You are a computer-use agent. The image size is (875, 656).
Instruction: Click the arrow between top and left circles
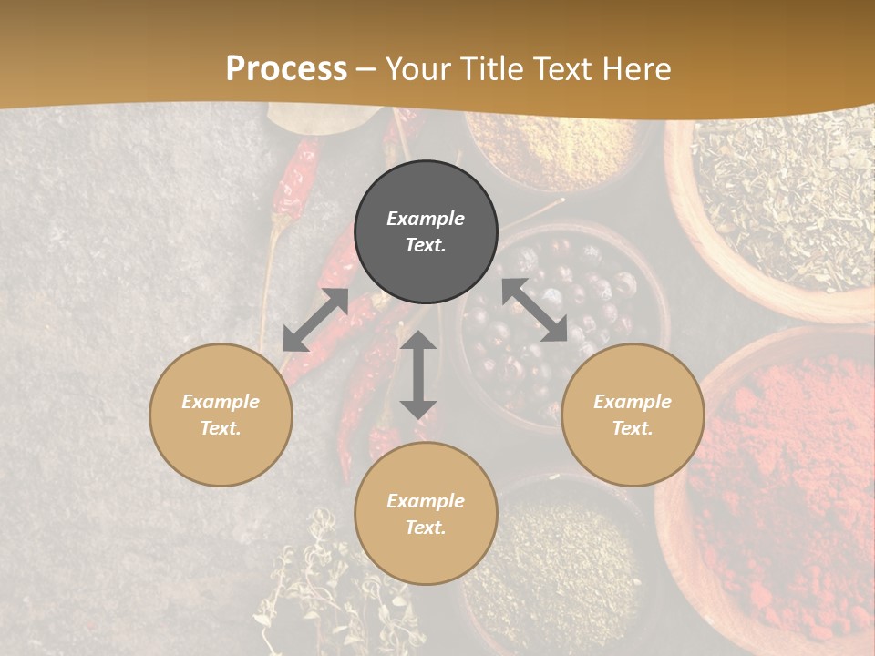315,320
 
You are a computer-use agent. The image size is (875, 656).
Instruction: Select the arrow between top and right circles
534,310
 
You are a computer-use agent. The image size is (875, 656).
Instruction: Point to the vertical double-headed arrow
418,374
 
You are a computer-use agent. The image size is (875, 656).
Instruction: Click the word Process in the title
286,69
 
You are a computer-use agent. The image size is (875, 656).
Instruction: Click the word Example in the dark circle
426,219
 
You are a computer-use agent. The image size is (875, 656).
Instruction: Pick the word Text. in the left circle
221,428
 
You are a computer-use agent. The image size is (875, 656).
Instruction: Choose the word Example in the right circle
633,402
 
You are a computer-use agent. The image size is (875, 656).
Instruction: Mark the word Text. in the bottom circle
426,528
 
